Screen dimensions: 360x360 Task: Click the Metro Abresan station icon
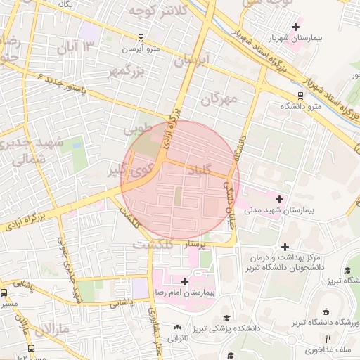(x=141, y=38)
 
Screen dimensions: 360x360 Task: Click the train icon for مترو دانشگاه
(x=300, y=95)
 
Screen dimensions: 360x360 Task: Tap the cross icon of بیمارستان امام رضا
(x=184, y=281)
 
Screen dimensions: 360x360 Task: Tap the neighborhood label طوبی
(x=138, y=130)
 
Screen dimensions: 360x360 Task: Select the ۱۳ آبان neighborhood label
(x=78, y=48)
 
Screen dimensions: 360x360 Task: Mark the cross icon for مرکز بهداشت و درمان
(x=285, y=247)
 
